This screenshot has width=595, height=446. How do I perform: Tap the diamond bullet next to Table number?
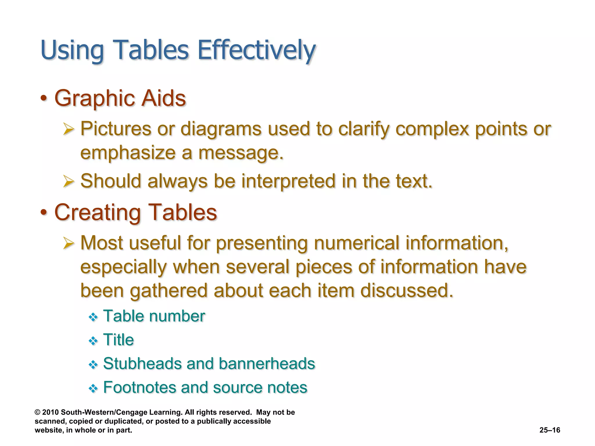tap(93, 317)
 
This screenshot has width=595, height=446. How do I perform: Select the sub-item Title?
tap(119, 340)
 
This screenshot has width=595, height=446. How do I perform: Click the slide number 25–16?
tap(550, 430)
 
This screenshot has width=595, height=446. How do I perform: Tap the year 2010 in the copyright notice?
tap(51, 412)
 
